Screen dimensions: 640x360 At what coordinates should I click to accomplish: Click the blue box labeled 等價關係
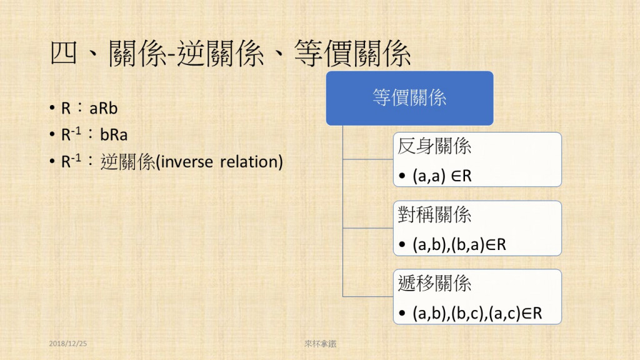point(409,98)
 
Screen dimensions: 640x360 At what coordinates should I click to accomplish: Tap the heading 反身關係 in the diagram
point(434,146)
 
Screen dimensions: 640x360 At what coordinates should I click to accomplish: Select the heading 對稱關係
point(434,215)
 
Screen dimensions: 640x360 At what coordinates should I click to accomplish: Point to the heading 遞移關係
point(434,283)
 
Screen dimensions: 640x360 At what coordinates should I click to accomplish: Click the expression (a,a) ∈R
point(442,176)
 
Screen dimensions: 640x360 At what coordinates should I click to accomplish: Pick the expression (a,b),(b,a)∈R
point(459,244)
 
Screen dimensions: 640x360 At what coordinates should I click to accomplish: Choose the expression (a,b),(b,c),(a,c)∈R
point(477,313)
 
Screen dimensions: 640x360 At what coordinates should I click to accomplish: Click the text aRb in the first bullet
point(103,109)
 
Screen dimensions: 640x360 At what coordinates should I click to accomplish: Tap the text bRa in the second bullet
point(114,135)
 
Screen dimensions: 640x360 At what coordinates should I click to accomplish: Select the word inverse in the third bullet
point(186,162)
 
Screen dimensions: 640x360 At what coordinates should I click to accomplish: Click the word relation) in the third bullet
point(251,162)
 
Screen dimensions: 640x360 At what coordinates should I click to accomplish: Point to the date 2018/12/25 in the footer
point(67,344)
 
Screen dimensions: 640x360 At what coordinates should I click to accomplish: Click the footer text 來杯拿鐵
point(321,344)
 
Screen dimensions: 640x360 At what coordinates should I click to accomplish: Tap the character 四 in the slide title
point(64,54)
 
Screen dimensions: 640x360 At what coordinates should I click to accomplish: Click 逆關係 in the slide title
point(221,54)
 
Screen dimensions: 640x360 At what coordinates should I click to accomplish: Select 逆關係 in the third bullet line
point(127,162)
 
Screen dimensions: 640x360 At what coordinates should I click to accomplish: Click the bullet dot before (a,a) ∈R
point(402,176)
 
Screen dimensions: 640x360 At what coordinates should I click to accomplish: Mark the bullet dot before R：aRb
point(52,108)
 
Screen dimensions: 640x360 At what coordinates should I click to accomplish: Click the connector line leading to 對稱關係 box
point(367,227)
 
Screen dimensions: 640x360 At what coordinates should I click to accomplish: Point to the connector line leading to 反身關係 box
point(367,159)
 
